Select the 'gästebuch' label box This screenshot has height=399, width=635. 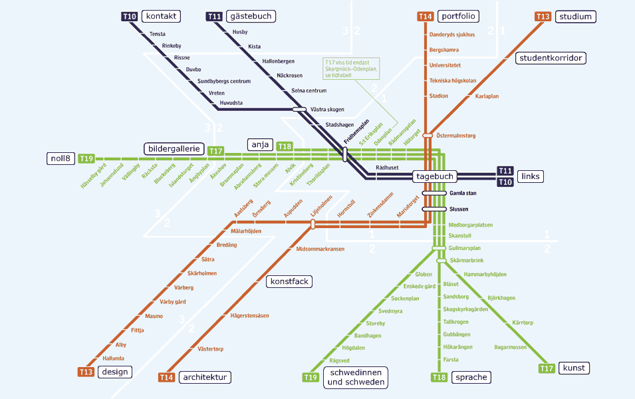click(x=251, y=16)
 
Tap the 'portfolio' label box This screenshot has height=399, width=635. click(x=458, y=16)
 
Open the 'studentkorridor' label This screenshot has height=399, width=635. click(x=551, y=58)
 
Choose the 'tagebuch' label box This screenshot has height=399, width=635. click(x=435, y=176)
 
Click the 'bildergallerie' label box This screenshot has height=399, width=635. click(x=173, y=149)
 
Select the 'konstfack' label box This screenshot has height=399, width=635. click(x=289, y=281)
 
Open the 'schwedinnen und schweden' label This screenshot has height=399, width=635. click(x=356, y=377)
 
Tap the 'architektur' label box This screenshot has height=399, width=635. click(x=205, y=377)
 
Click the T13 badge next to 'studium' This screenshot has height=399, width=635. click(x=543, y=17)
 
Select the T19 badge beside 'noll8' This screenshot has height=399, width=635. click(x=86, y=158)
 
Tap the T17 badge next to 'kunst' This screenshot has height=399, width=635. click(x=547, y=368)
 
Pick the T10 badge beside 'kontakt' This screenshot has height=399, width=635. click(x=130, y=16)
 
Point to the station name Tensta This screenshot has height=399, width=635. click(x=157, y=34)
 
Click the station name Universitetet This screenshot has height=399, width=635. click(x=445, y=65)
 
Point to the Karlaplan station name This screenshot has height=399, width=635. click(x=487, y=96)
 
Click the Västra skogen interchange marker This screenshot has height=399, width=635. click(x=299, y=109)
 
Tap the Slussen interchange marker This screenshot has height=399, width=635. click(x=434, y=209)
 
